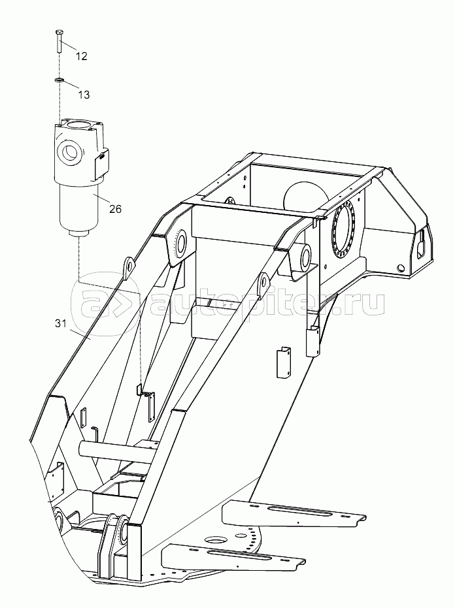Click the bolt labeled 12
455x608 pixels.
pos(58,41)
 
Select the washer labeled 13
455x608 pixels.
pos(59,80)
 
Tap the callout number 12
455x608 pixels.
pos(81,56)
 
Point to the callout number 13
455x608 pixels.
pos(84,95)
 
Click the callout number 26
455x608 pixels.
pos(115,210)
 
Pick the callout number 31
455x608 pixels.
pos(61,324)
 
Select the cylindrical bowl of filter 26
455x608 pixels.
pos(78,208)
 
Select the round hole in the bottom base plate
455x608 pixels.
pos(214,540)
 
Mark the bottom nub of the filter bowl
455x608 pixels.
pos(79,236)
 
